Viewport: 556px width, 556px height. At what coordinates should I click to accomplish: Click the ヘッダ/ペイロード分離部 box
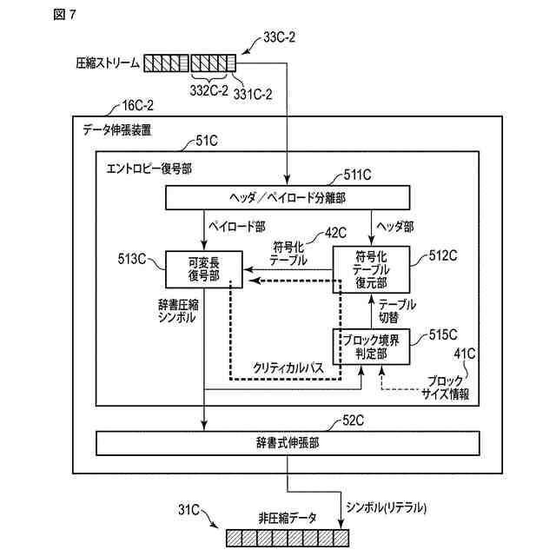pos(288,197)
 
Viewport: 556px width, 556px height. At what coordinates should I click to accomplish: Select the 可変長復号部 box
pos(204,269)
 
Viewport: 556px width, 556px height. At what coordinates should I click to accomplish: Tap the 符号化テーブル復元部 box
pos(371,269)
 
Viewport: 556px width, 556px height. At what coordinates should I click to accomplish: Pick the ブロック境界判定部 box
pos(371,347)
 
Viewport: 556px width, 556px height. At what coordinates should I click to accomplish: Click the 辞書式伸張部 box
pos(288,443)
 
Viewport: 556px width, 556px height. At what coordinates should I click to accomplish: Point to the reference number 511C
pos(357,175)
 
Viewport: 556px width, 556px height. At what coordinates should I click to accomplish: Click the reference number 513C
pos(132,259)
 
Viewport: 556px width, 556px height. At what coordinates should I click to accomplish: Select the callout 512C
pos(443,255)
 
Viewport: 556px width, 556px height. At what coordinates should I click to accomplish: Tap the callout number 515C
pos(443,334)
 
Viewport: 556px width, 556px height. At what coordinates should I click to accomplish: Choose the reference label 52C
pos(354,420)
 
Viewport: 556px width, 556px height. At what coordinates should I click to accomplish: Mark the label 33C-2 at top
pos(279,36)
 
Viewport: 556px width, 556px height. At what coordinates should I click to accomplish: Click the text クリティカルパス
pos(288,368)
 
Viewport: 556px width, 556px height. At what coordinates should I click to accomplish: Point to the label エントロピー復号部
pos(149,169)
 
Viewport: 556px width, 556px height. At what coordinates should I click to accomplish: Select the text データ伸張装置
pos(117,130)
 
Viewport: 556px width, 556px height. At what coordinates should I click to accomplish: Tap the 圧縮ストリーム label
pos(108,63)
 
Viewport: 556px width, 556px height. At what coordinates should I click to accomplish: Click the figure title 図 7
pos(64,15)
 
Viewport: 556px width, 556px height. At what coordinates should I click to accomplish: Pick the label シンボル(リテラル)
pos(386,507)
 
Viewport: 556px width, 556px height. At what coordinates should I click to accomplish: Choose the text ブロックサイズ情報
pos(446,388)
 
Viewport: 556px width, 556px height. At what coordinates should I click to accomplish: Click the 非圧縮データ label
pos(288,519)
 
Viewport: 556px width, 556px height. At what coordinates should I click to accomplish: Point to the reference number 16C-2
pos(137,105)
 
